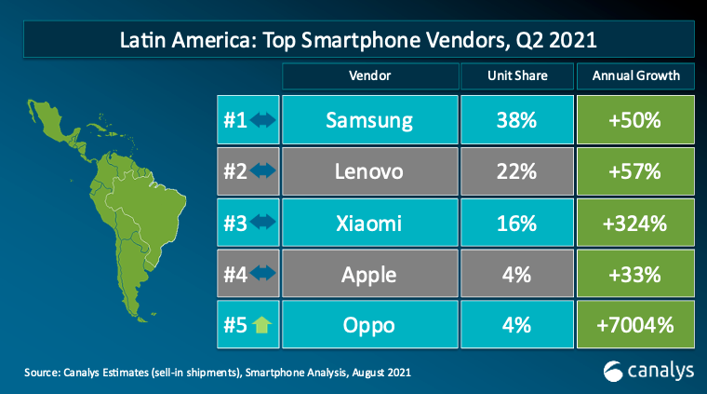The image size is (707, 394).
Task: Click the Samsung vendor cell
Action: [370, 119]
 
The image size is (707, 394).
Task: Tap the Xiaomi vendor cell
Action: [370, 223]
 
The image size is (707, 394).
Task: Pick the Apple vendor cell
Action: [370, 274]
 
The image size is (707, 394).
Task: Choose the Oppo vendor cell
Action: [370, 325]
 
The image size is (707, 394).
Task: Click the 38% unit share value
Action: [517, 119]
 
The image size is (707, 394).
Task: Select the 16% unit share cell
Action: [517, 223]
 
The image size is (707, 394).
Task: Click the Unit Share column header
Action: [517, 75]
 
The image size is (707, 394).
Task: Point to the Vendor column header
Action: [370, 75]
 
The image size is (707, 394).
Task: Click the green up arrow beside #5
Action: [261, 325]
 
